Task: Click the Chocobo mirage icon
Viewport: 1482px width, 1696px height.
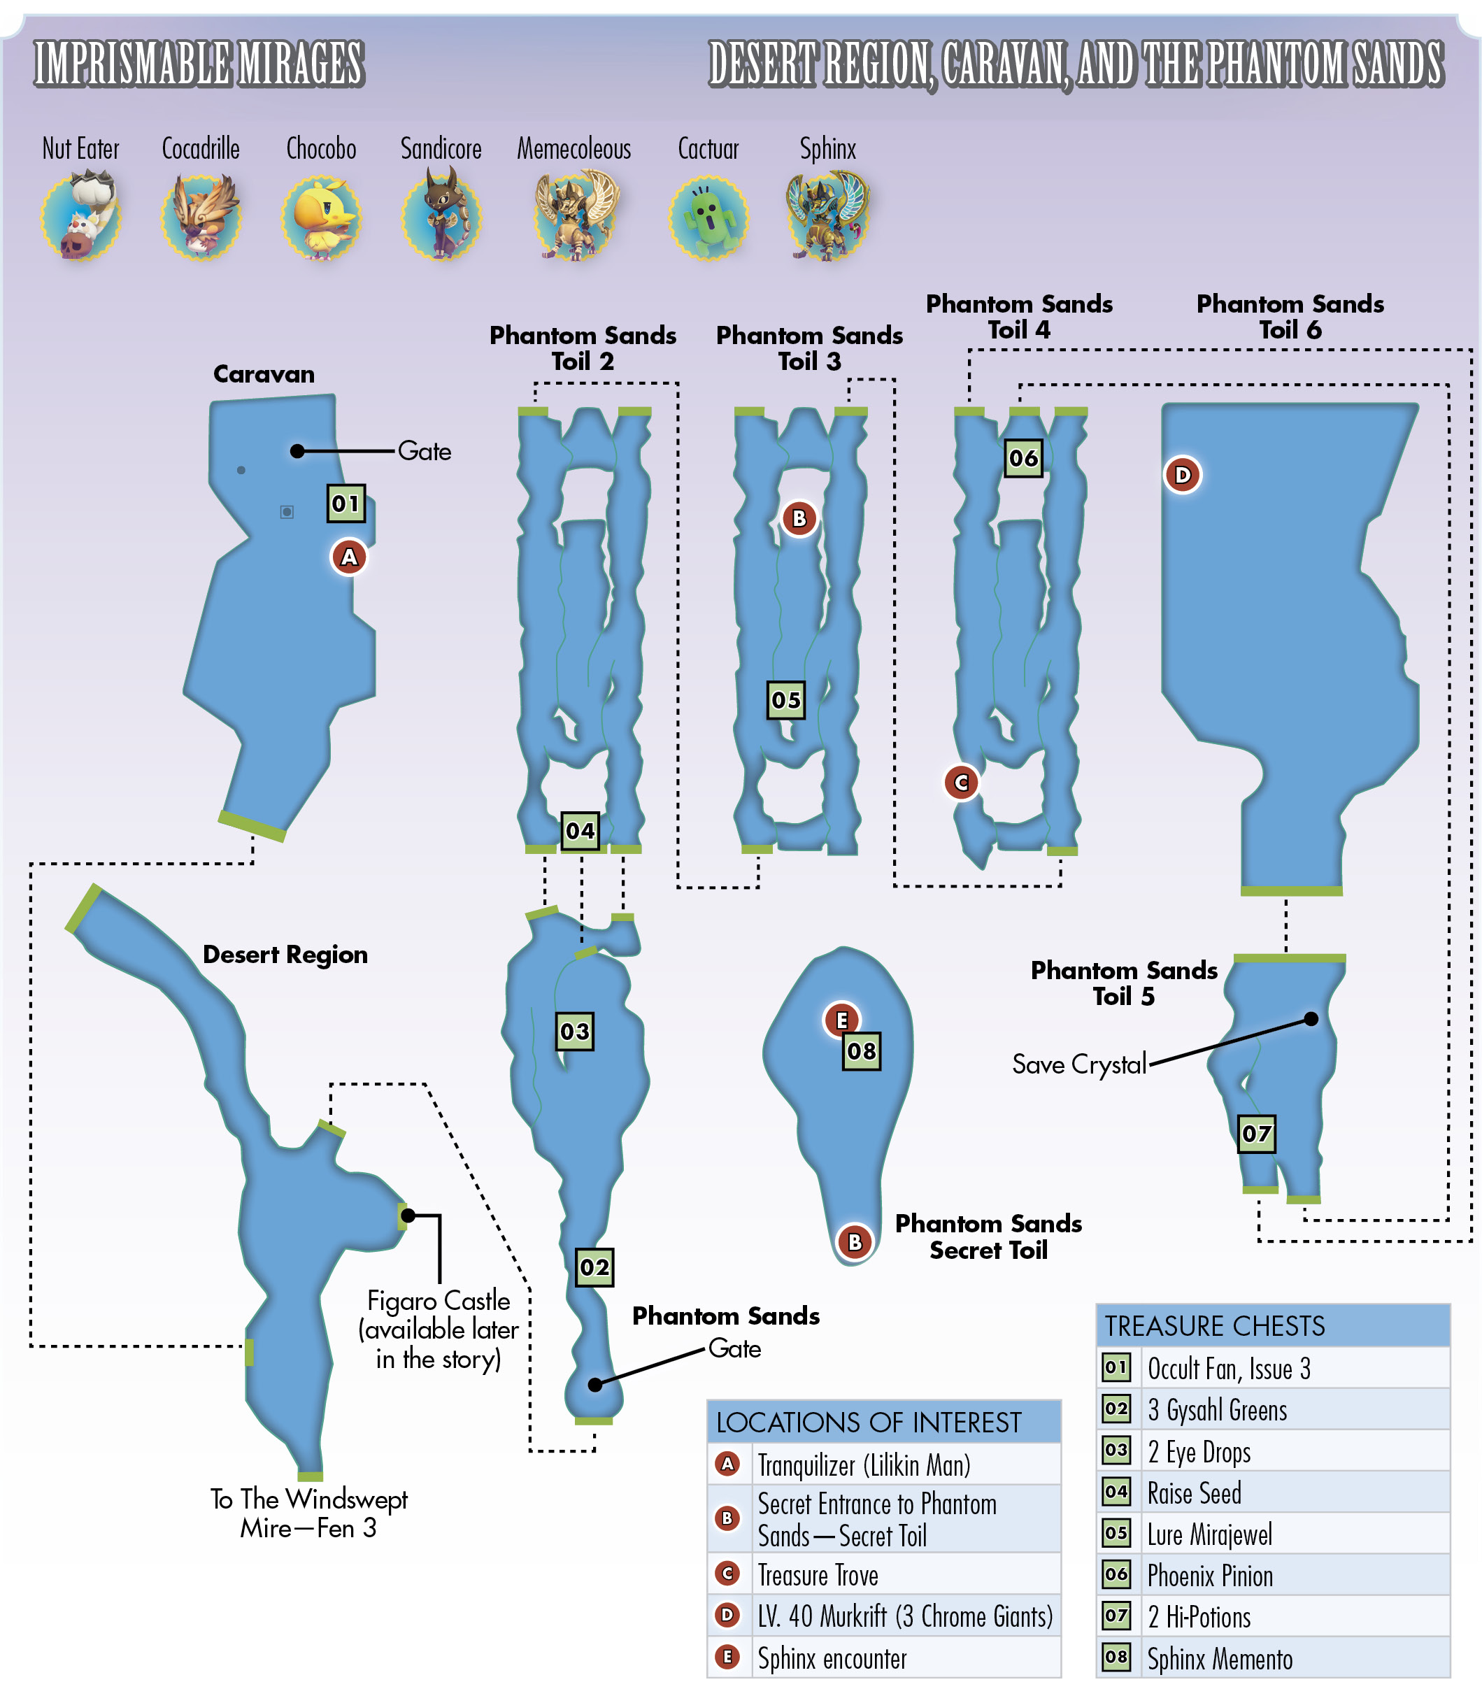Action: click(x=321, y=217)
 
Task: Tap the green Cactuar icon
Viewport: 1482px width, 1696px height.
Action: click(x=708, y=218)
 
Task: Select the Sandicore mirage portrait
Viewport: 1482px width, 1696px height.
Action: click(x=441, y=215)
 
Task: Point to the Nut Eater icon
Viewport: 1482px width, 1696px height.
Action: click(x=81, y=215)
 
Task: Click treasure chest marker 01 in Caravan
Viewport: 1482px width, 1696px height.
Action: click(x=345, y=503)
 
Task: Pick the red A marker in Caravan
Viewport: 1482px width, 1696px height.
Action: click(x=349, y=557)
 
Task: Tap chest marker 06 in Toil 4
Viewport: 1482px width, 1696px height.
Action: click(x=1023, y=458)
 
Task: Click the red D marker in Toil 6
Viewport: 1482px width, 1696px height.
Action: click(x=1183, y=475)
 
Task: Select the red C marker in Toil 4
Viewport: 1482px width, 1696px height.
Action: click(x=962, y=783)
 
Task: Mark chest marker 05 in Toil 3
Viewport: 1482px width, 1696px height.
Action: click(x=785, y=700)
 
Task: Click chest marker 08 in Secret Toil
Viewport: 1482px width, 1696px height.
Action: click(x=861, y=1051)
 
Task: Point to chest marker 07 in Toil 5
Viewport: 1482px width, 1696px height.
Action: click(x=1256, y=1134)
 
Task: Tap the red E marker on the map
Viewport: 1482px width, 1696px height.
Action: click(x=841, y=1020)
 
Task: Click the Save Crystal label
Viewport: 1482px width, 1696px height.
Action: click(x=1079, y=1064)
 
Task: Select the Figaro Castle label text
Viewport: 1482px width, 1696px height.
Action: click(x=439, y=1329)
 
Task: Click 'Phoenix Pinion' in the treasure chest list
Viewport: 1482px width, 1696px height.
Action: click(x=1210, y=1576)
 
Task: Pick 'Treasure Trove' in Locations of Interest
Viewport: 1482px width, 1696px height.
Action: click(x=818, y=1575)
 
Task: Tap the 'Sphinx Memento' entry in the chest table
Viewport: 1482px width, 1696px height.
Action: click(x=1220, y=1659)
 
